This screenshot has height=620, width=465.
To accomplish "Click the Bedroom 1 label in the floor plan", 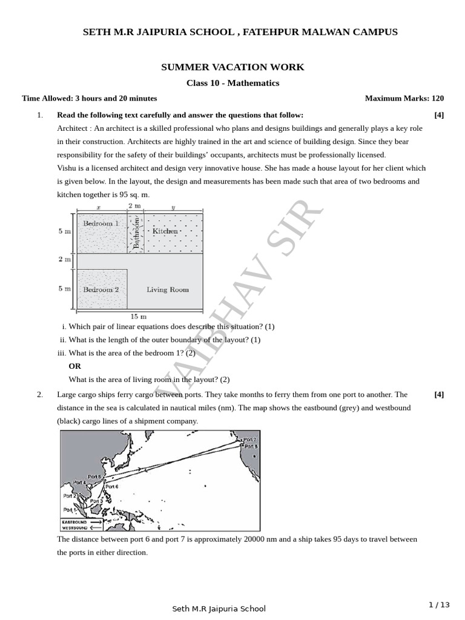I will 101,223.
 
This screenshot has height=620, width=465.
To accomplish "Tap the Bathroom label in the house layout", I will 136,232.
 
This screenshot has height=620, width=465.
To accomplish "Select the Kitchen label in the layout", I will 165,231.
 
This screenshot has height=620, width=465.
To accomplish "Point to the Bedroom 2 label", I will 101,289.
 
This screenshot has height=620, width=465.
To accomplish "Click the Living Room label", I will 168,289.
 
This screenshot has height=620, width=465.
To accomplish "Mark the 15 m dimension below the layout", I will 139,316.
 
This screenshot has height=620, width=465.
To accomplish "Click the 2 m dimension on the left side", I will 64,259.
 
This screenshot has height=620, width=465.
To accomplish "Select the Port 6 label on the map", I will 112,486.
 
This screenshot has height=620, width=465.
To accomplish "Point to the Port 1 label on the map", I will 70,511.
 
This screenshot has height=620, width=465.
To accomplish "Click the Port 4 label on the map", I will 79,483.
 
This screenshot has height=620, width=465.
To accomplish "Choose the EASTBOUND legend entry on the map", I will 74,521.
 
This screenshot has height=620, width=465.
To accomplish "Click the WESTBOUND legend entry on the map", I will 74,528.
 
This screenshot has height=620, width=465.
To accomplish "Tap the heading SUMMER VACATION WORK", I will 232,67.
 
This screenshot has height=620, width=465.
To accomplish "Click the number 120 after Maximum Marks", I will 438,98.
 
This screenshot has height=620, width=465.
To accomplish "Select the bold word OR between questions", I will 74,366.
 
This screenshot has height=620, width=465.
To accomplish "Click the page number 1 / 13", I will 440,604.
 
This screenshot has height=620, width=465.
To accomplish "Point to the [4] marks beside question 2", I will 439,394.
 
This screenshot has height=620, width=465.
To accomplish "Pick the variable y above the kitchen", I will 173,207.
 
